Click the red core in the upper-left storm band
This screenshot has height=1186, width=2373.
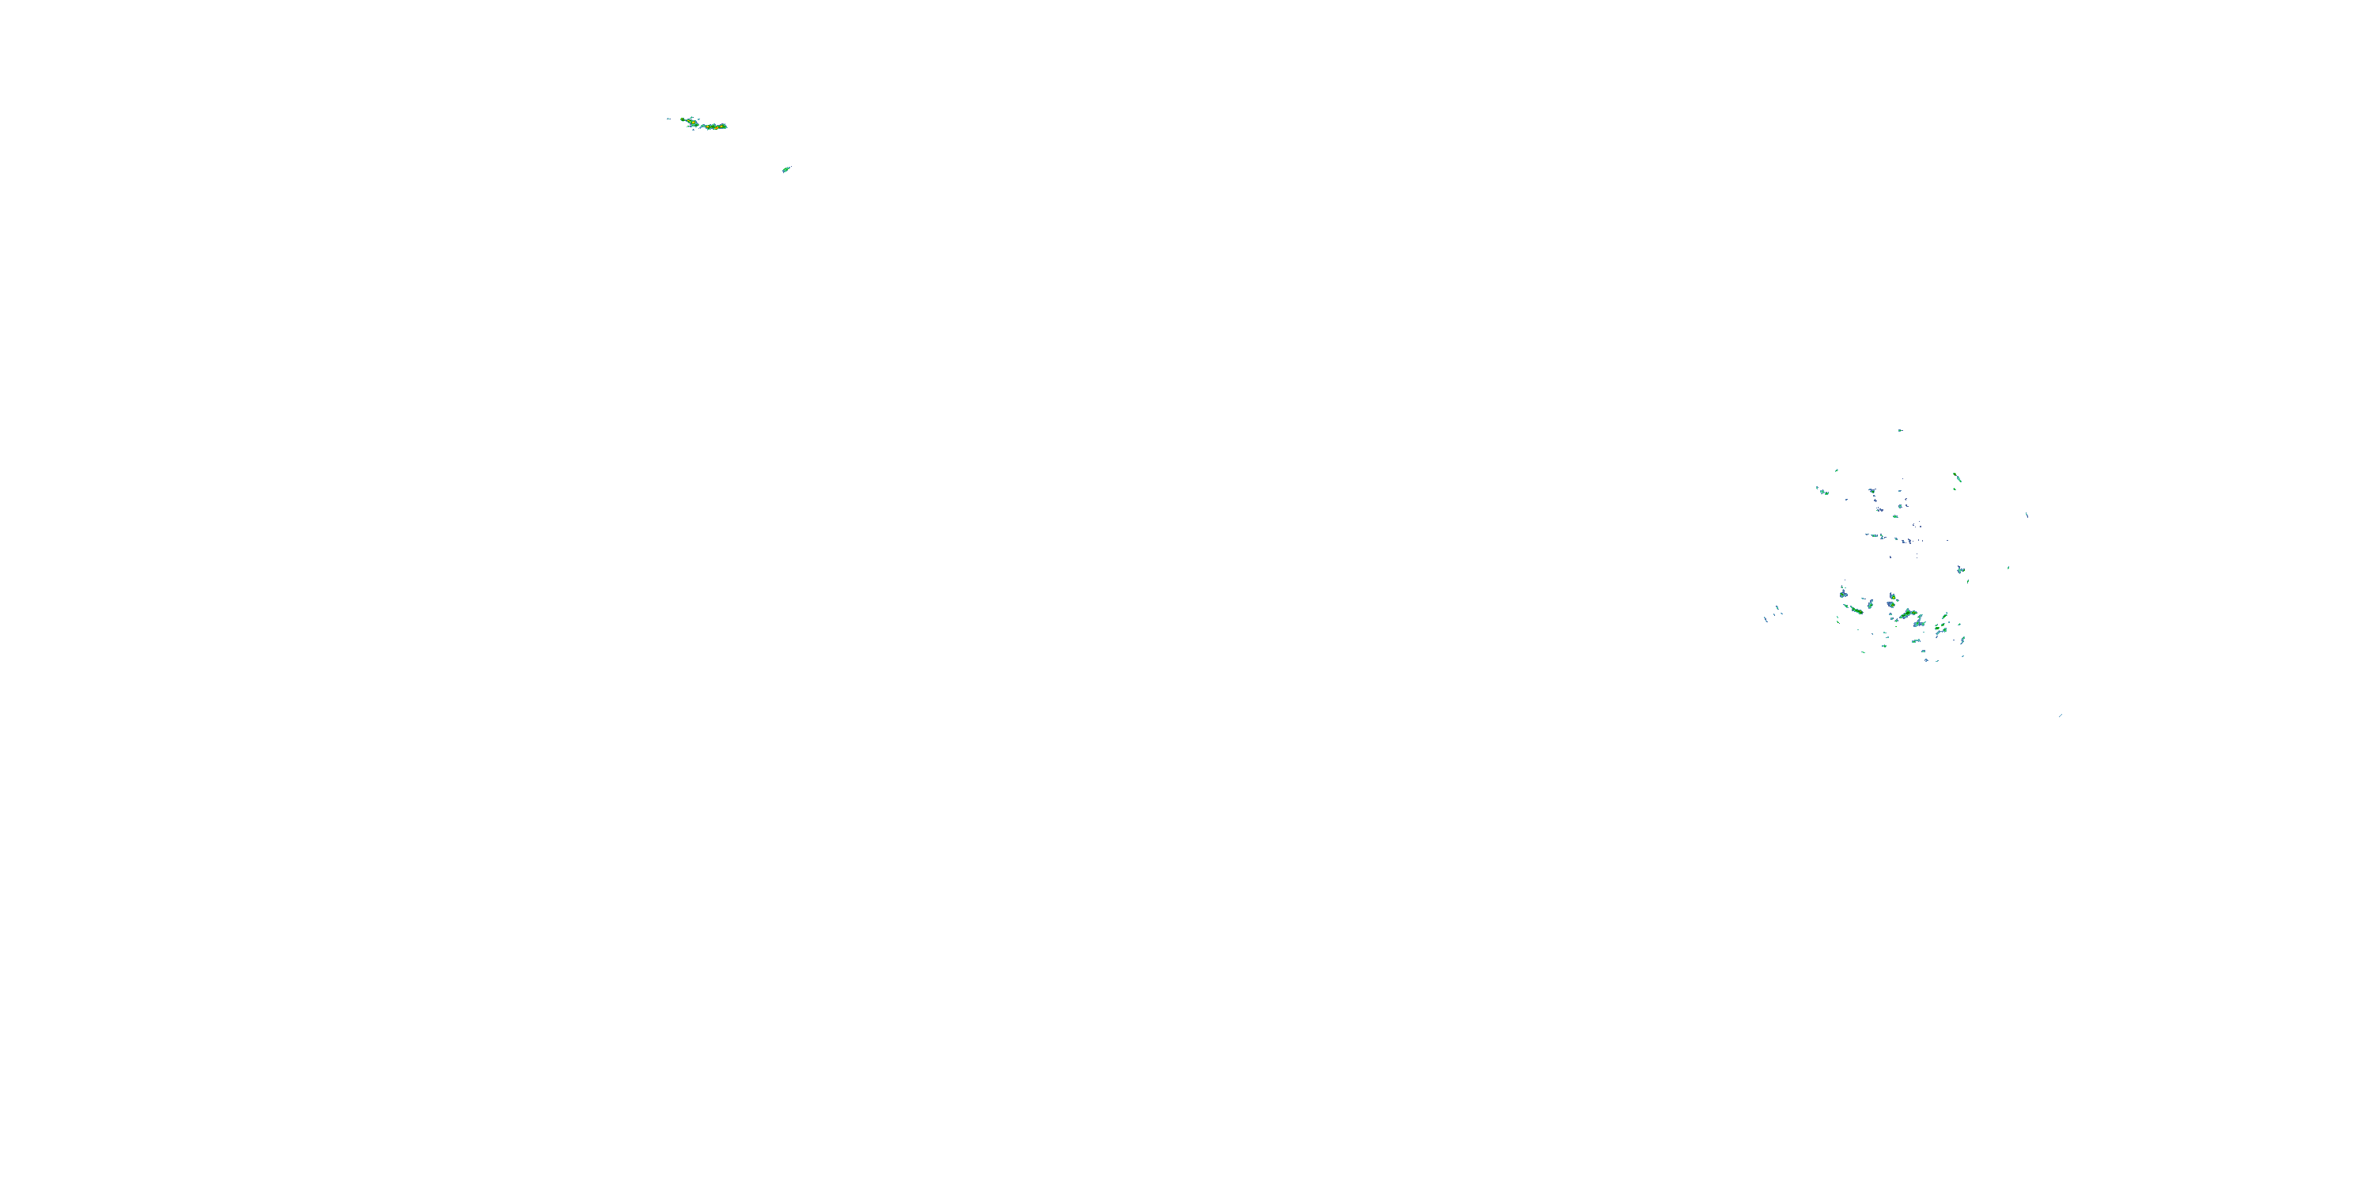(x=717, y=128)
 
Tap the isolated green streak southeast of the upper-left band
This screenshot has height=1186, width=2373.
(x=785, y=169)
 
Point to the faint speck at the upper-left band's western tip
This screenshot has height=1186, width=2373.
(x=668, y=119)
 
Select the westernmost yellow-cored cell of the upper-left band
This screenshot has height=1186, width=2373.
(x=683, y=119)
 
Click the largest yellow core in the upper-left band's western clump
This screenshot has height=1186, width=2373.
(x=694, y=123)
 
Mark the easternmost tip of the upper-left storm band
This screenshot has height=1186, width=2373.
(x=727, y=128)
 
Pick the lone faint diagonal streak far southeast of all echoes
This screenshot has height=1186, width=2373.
(x=2060, y=716)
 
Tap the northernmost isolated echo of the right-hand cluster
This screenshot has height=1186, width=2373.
(x=1901, y=431)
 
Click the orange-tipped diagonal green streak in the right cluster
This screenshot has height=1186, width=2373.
(x=1958, y=477)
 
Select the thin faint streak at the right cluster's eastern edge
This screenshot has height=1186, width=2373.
(x=2027, y=516)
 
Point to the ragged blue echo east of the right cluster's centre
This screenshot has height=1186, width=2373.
(x=1961, y=570)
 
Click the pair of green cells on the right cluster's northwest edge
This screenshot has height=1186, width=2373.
(x=1825, y=493)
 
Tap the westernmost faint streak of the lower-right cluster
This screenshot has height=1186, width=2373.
(x=1766, y=620)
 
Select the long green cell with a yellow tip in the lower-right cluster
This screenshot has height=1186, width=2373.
(x=1857, y=610)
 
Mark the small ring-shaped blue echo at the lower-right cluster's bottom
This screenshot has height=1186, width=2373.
(x=1926, y=660)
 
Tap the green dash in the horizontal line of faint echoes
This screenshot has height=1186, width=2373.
(x=1875, y=536)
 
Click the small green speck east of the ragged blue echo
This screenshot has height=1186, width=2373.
(x=2008, y=568)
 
